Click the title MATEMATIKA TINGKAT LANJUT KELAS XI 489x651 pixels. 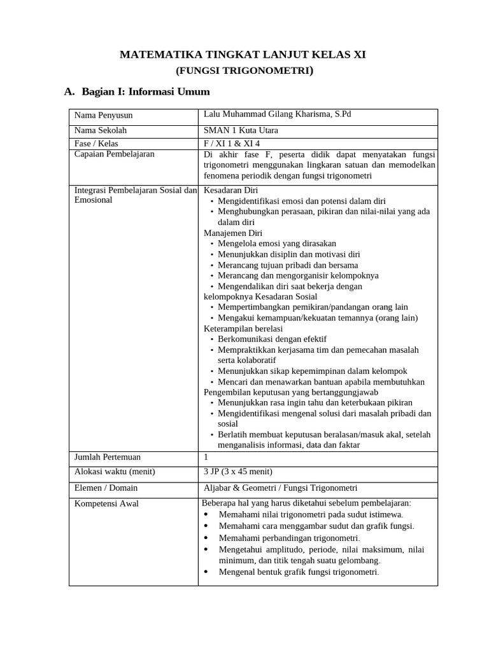click(x=243, y=55)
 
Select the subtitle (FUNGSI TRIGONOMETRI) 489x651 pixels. click(x=244, y=71)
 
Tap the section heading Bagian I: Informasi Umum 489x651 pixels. click(x=145, y=92)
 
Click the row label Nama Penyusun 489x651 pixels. click(x=103, y=115)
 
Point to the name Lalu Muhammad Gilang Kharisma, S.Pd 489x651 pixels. click(x=277, y=114)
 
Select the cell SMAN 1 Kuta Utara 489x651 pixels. click(x=241, y=130)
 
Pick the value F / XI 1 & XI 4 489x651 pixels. click(x=232, y=144)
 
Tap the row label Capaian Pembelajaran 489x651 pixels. click(x=115, y=154)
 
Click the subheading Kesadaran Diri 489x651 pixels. click(x=230, y=190)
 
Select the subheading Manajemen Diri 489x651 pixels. click(x=232, y=233)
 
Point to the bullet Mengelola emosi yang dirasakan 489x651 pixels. click(x=277, y=243)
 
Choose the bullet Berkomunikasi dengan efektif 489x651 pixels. click(x=272, y=339)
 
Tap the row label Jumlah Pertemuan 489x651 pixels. click(x=108, y=457)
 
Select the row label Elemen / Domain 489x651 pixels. click(x=106, y=488)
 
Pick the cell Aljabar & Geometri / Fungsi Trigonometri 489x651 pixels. click(x=280, y=488)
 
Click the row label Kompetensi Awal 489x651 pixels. click(x=106, y=504)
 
